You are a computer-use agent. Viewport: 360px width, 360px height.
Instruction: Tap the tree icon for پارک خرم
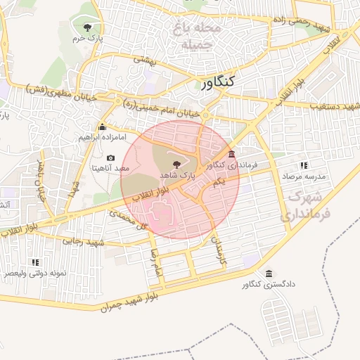[87, 27]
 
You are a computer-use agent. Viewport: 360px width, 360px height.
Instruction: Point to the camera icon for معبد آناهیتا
[110, 157]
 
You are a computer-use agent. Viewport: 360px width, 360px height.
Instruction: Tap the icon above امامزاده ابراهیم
[103, 127]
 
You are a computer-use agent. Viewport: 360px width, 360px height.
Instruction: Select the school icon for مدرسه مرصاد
[304, 165]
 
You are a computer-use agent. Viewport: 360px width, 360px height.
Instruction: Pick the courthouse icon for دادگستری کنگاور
[268, 274]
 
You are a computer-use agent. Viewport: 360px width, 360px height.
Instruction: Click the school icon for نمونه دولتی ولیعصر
[35, 262]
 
